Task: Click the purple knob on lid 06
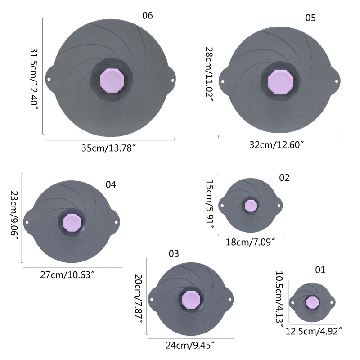[112, 81]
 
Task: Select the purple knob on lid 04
[72, 223]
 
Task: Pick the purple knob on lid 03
[191, 300]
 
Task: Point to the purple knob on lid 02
[251, 206]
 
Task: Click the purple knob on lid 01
[312, 302]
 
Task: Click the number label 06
[148, 15]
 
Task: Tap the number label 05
[310, 18]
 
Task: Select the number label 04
[111, 184]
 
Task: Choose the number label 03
[174, 253]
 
